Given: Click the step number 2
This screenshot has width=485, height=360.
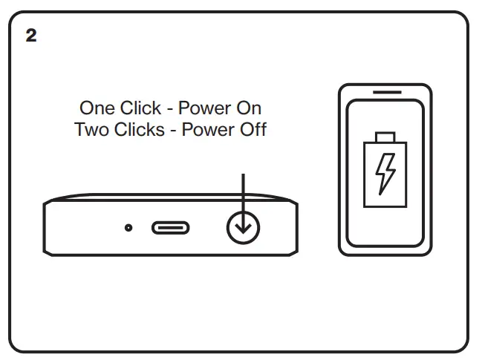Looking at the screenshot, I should pos(30,36).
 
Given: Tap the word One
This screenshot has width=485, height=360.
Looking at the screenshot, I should pos(97,108).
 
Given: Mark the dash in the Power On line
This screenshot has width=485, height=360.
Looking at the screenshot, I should pos(170,109).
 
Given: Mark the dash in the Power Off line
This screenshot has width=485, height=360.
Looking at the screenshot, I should pos(175,130).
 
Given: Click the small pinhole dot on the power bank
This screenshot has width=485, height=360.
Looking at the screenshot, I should pos(128,227).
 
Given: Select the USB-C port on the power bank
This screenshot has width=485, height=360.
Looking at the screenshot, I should pos(169,227).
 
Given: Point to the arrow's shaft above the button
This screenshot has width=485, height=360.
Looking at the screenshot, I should pos(243,193).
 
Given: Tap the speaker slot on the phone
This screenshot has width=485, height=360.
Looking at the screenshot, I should pos(385,93).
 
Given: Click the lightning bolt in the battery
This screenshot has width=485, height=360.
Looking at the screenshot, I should pos(385,172).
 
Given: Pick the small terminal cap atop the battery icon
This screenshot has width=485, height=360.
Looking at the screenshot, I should pos(385,137).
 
